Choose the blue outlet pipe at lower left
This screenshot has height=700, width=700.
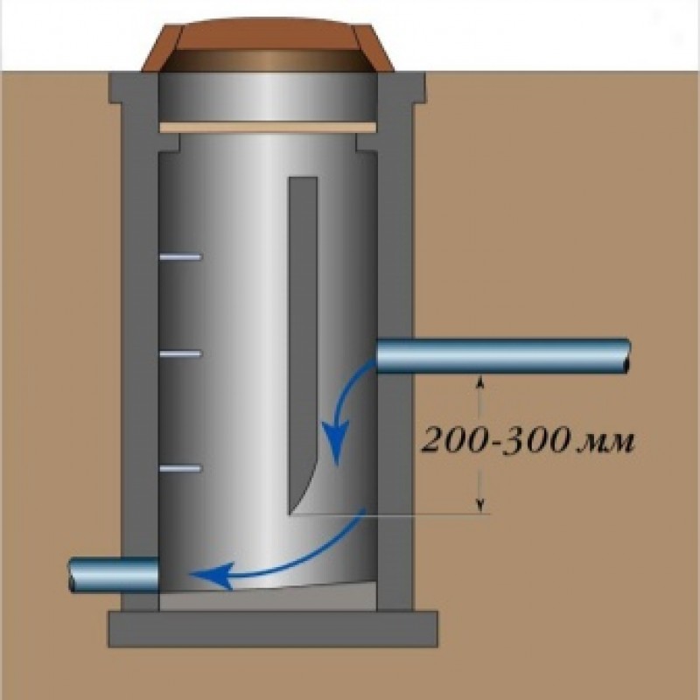114,575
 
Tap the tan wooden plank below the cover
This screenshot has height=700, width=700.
268,128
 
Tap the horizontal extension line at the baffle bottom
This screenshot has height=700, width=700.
394,514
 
